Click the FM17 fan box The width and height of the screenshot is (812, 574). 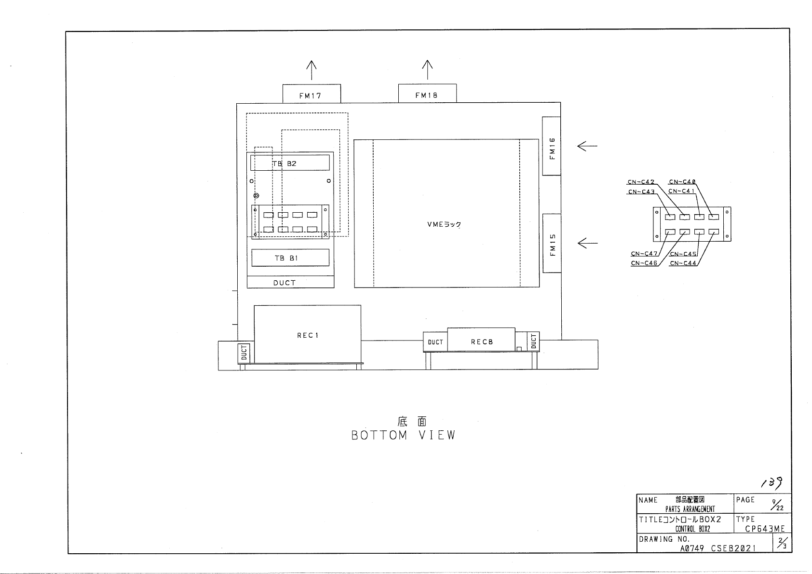[x=311, y=94]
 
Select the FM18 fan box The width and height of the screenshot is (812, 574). [x=427, y=94]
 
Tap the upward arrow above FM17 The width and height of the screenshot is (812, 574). [x=311, y=70]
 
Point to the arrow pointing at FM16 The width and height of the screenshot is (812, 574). [x=587, y=146]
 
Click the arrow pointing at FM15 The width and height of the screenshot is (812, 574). [x=587, y=243]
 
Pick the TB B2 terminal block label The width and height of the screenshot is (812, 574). [x=284, y=164]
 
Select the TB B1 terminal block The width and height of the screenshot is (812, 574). [x=290, y=258]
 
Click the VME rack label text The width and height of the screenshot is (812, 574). [x=444, y=224]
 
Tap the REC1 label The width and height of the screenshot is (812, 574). [x=308, y=335]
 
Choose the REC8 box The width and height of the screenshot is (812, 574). [x=481, y=340]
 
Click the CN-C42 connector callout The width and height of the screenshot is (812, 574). [x=641, y=182]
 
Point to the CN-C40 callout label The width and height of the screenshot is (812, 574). [x=682, y=182]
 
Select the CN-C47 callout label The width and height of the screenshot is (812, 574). [x=644, y=253]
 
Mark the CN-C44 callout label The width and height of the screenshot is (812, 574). [x=683, y=263]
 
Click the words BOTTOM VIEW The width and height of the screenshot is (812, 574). [x=403, y=435]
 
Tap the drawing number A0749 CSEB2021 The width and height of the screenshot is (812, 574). [x=718, y=548]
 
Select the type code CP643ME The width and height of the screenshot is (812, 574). [x=765, y=529]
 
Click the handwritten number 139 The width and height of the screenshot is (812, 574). [x=772, y=483]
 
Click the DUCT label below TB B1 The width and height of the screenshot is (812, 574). [x=284, y=283]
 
